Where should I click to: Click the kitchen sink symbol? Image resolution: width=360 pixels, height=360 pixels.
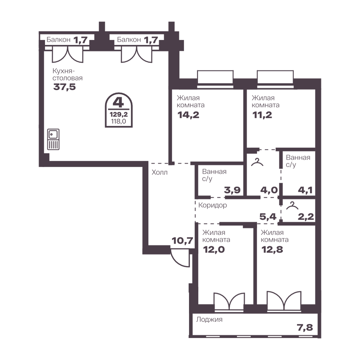pos(53,139)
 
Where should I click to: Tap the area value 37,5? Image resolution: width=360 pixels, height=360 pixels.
pos(64,87)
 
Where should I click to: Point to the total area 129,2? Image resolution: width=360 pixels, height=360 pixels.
pos(119,114)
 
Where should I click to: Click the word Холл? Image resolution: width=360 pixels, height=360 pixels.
pos(159,172)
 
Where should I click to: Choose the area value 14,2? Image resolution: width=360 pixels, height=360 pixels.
pos(188,115)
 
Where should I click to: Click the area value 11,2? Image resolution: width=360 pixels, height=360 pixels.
pos(262,115)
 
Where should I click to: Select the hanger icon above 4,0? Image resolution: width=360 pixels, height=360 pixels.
pos(257,162)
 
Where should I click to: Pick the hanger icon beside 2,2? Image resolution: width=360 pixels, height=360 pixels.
pos(292,206)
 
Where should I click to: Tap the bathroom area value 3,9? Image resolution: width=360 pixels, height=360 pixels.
pos(232,190)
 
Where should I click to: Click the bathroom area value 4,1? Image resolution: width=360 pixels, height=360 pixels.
pos(305,190)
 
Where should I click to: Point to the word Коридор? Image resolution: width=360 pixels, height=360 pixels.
pos(213,205)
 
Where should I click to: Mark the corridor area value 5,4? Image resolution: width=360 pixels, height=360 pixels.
pos(268,216)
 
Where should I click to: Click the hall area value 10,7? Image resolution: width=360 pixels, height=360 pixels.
pos(183,240)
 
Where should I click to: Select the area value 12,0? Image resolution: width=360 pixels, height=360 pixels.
pos(214,249)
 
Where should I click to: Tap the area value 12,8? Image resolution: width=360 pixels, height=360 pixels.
pos(272,249)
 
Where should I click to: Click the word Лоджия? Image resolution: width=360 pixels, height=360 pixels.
pos(209,319)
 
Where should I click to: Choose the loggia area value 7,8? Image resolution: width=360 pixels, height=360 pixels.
pos(305,327)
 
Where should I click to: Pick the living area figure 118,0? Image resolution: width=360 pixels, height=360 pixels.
pos(118,121)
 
